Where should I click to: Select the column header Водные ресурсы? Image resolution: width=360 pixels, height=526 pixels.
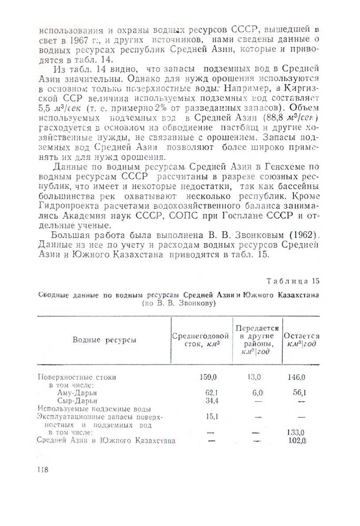(x=104, y=340)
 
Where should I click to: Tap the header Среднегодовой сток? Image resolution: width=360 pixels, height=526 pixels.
(x=200, y=340)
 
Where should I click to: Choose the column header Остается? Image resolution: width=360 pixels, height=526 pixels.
(x=302, y=340)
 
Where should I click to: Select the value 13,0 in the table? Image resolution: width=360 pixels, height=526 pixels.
(x=255, y=377)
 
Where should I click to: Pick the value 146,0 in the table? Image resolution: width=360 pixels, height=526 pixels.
(x=298, y=377)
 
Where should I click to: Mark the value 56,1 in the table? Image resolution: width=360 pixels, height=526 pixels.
(x=301, y=392)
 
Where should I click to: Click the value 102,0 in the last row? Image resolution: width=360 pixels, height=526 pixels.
(x=297, y=440)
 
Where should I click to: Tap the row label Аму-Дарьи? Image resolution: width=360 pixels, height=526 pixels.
(x=77, y=392)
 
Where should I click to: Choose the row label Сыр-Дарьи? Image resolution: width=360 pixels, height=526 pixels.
(x=77, y=400)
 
